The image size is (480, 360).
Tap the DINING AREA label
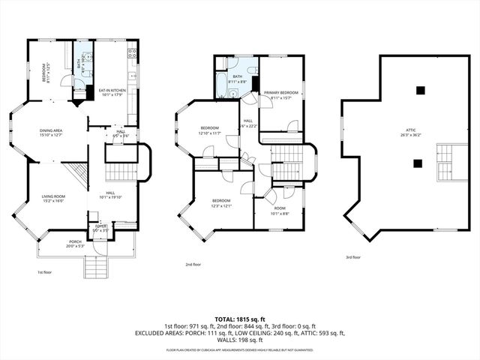point(52,133)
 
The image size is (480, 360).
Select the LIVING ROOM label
point(53,199)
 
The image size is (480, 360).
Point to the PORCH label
point(76,244)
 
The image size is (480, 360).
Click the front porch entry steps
point(95,266)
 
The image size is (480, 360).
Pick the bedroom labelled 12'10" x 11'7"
point(209,130)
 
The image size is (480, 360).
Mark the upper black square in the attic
point(421,91)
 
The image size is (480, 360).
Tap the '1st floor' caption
point(45,272)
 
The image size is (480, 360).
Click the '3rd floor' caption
point(353,257)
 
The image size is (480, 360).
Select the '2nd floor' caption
point(193,264)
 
